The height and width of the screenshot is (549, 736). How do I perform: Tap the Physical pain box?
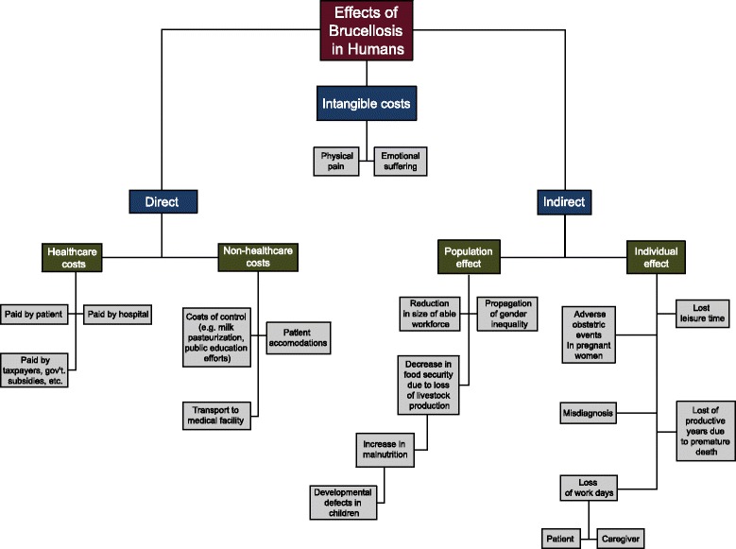336,159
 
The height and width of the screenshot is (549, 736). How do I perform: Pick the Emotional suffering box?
401,159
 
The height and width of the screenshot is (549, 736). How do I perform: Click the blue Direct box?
163,200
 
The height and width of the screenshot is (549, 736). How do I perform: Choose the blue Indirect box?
563,200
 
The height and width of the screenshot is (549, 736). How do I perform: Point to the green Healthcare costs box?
72,257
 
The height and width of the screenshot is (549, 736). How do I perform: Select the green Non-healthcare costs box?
256,257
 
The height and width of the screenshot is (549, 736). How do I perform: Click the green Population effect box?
469,257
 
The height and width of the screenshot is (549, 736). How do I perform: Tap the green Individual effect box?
656,257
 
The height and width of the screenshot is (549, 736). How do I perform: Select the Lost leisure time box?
702,314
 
